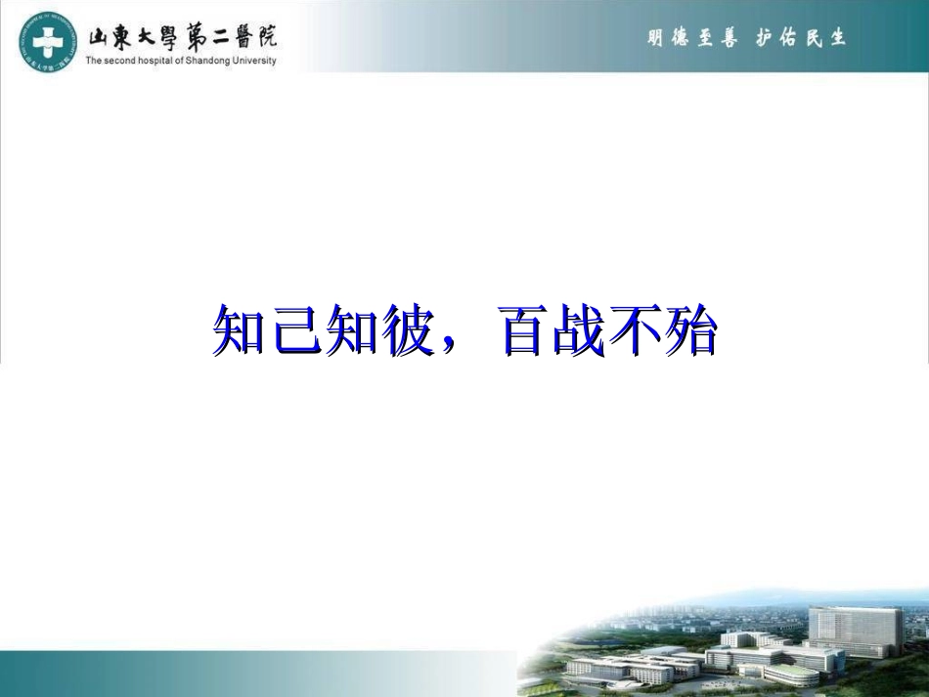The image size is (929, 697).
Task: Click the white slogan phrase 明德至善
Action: point(692,38)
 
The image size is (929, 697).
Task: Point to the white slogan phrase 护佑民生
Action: point(801,38)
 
